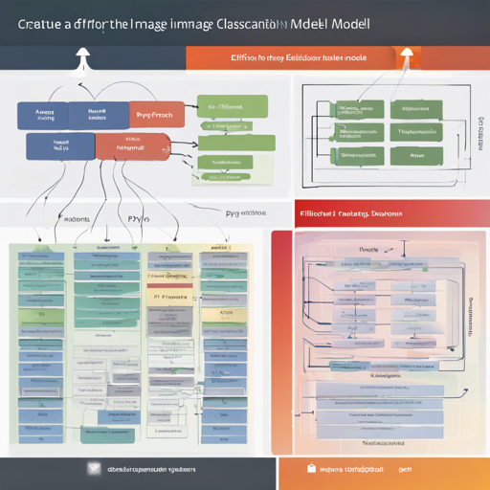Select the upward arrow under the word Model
(x=406, y=57)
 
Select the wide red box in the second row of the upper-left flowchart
(x=131, y=146)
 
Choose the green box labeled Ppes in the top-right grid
(x=417, y=153)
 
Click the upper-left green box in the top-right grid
(x=352, y=111)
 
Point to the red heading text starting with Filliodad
(x=350, y=214)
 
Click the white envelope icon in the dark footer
(x=94, y=470)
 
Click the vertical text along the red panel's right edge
(x=473, y=316)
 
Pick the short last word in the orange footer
(x=406, y=470)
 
